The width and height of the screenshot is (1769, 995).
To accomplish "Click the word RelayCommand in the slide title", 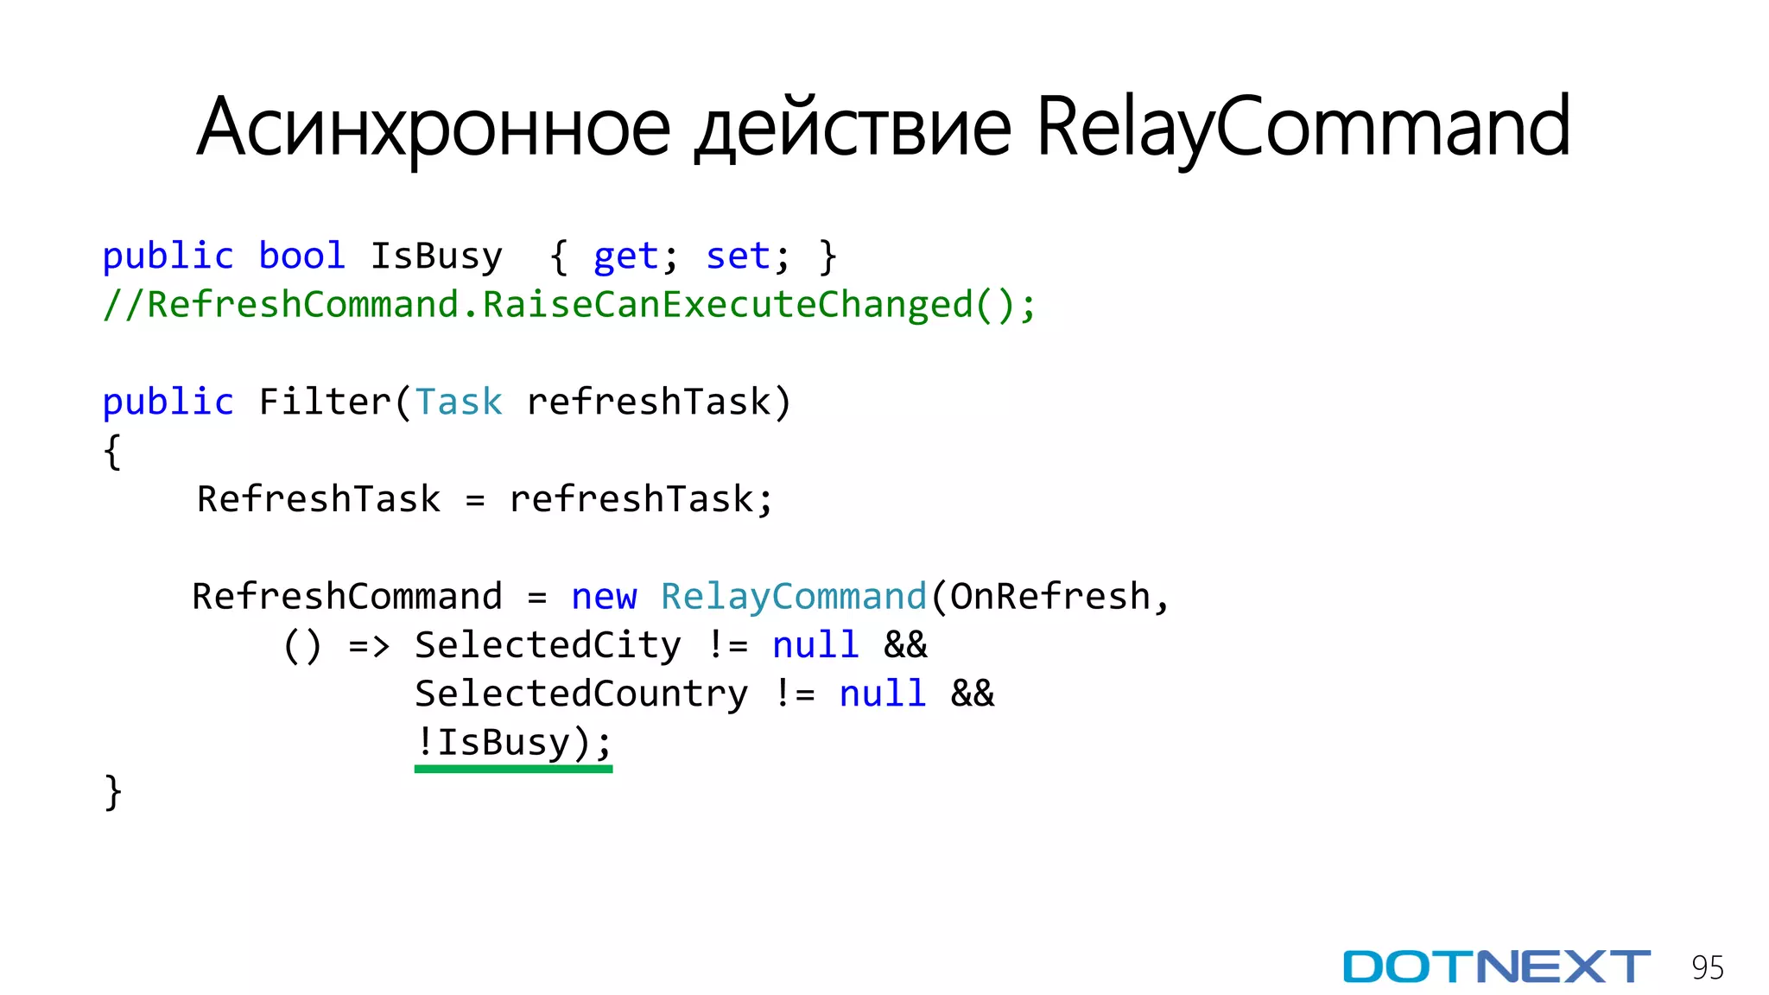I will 1303,128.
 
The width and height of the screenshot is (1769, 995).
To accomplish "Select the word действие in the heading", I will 853,128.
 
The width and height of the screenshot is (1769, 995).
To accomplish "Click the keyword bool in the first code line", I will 301,257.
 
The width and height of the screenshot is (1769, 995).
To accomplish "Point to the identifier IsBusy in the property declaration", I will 436,257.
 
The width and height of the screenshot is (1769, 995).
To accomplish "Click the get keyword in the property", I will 625,257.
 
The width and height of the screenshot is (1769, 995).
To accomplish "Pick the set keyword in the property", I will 738,257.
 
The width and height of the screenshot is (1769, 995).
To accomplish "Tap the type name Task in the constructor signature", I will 458,402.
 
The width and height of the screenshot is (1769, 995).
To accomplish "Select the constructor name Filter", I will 325,402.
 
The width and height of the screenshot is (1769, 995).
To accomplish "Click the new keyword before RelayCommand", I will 604,597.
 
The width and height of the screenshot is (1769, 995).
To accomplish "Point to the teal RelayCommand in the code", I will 793,597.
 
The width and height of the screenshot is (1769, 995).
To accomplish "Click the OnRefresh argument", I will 1049,597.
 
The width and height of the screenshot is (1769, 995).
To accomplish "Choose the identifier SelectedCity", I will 548,645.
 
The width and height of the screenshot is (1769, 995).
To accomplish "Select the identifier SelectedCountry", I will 581,694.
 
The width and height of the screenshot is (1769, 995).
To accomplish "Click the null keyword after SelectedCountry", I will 882,694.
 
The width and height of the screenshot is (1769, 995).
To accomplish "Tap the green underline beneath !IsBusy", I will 513,768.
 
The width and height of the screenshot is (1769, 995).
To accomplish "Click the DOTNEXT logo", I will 1496,966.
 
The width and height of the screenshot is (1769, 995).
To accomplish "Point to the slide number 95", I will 1707,968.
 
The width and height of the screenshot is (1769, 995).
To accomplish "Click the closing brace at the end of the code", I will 113,792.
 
